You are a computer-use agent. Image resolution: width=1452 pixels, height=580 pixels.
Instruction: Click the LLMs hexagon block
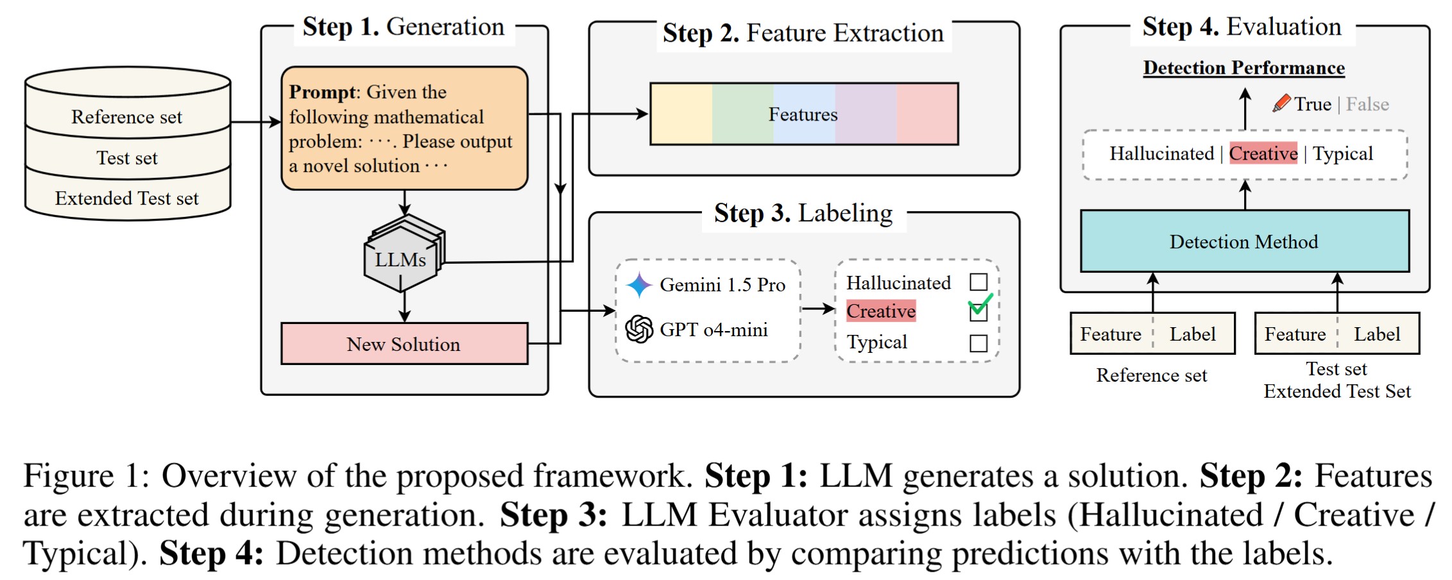pos(402,259)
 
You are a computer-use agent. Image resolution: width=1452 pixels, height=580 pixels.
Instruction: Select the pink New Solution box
pos(404,344)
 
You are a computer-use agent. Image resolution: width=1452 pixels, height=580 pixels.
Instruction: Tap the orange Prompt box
pos(404,128)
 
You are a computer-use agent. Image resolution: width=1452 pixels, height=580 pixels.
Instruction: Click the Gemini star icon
pos(639,285)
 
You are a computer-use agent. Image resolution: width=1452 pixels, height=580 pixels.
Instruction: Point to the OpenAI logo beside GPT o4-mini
pos(639,329)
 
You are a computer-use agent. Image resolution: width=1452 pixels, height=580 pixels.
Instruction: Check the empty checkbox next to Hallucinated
pos(978,282)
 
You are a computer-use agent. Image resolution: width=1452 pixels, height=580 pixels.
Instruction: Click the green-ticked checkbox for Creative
pos(978,312)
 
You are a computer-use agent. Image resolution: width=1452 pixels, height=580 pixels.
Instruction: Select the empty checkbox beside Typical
pos(978,343)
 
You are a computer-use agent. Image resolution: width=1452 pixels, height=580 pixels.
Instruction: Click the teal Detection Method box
pos(1245,241)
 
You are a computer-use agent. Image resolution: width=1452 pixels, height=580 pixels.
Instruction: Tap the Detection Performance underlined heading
pos(1243,68)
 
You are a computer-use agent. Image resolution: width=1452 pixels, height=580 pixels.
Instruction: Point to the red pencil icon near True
pos(1281,103)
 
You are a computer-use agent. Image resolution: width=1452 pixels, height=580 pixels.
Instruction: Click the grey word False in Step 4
pos(1367,104)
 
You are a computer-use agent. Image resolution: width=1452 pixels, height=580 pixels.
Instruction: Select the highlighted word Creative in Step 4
pos(1263,153)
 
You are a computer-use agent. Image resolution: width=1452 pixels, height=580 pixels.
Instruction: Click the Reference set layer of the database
pos(127,117)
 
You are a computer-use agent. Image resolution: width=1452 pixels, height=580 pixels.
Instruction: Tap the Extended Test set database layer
pos(127,198)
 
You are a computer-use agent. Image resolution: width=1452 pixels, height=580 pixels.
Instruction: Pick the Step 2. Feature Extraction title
pos(803,33)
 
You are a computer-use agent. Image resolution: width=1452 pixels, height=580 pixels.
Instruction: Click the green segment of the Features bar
pos(742,114)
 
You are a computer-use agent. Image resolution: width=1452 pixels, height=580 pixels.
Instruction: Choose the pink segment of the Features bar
pos(927,114)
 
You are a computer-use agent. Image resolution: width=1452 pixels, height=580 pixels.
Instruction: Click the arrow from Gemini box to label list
pos(818,309)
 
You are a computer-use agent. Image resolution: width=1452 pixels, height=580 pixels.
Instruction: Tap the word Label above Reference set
pos(1192,334)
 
